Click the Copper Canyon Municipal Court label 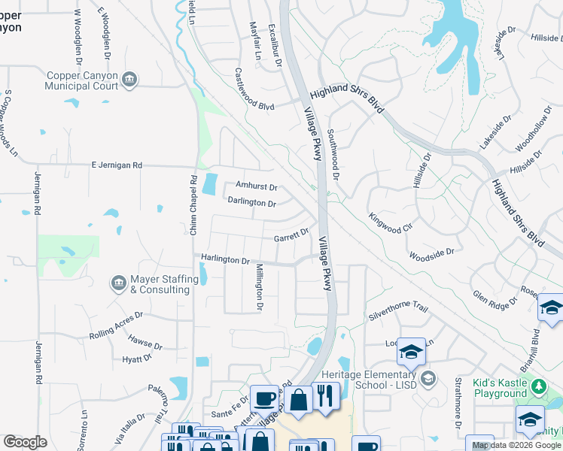pos(83,80)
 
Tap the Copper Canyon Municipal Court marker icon pos(130,80)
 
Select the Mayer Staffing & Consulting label pos(160,284)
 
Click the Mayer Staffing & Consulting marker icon pos(118,283)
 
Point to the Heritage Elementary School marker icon pos(428,377)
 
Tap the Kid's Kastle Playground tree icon pos(538,387)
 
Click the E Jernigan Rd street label pos(117,165)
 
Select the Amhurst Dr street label pos(256,186)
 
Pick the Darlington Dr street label pos(252,203)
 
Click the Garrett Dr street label pos(291,236)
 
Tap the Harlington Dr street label pos(225,260)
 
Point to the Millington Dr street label pos(258,287)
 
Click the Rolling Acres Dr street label pos(116,325)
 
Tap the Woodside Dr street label pos(432,255)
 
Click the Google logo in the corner pos(25,442)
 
